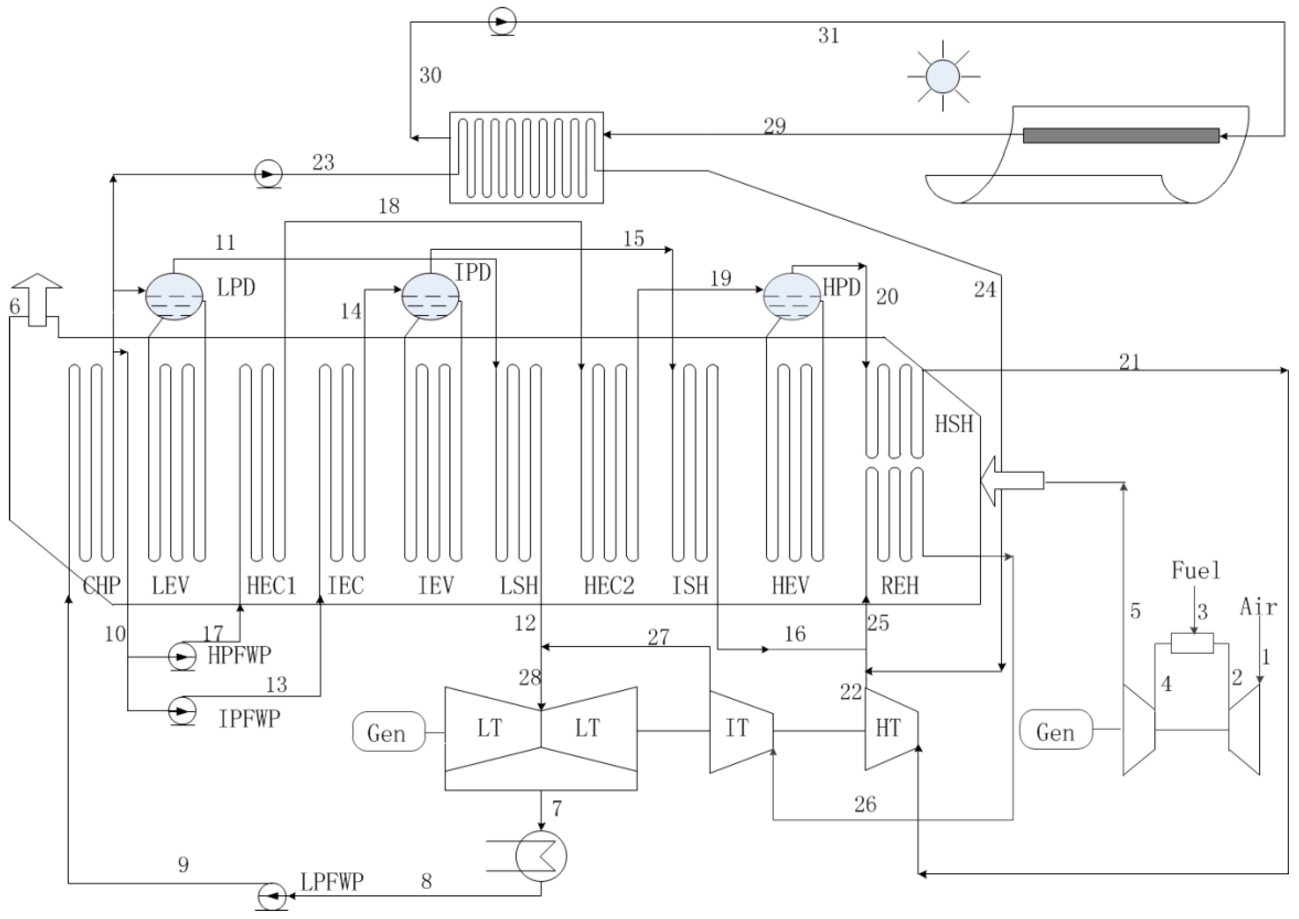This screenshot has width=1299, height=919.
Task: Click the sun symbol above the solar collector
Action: click(x=943, y=76)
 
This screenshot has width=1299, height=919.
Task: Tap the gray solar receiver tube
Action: click(x=1121, y=136)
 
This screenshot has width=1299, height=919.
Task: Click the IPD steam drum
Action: click(x=431, y=296)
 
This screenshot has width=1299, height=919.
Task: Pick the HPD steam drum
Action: click(x=792, y=296)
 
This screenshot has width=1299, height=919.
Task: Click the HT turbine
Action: click(x=891, y=729)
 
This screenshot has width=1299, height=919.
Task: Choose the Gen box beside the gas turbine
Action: click(x=1056, y=730)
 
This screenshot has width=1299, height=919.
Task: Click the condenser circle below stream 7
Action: click(x=541, y=856)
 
